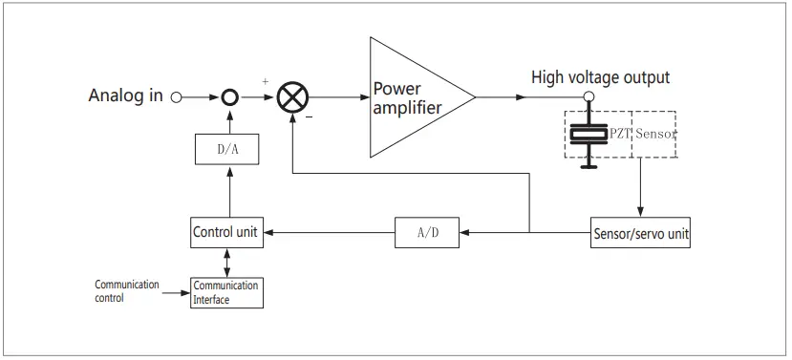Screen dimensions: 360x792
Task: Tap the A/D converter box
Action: click(427, 232)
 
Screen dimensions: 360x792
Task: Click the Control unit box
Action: click(226, 232)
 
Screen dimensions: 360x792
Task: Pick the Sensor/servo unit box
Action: click(640, 232)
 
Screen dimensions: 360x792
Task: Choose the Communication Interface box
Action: click(225, 292)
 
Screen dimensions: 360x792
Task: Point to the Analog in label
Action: click(125, 96)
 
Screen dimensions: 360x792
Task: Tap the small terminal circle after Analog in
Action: click(176, 97)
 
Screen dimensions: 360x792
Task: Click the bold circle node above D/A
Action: click(228, 97)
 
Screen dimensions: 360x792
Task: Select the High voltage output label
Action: click(600, 77)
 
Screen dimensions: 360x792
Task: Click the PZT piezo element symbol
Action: click(589, 134)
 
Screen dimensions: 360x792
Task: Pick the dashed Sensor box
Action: click(654, 134)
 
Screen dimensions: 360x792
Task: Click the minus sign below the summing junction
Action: click(308, 117)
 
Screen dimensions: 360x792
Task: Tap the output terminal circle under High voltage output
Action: click(589, 97)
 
